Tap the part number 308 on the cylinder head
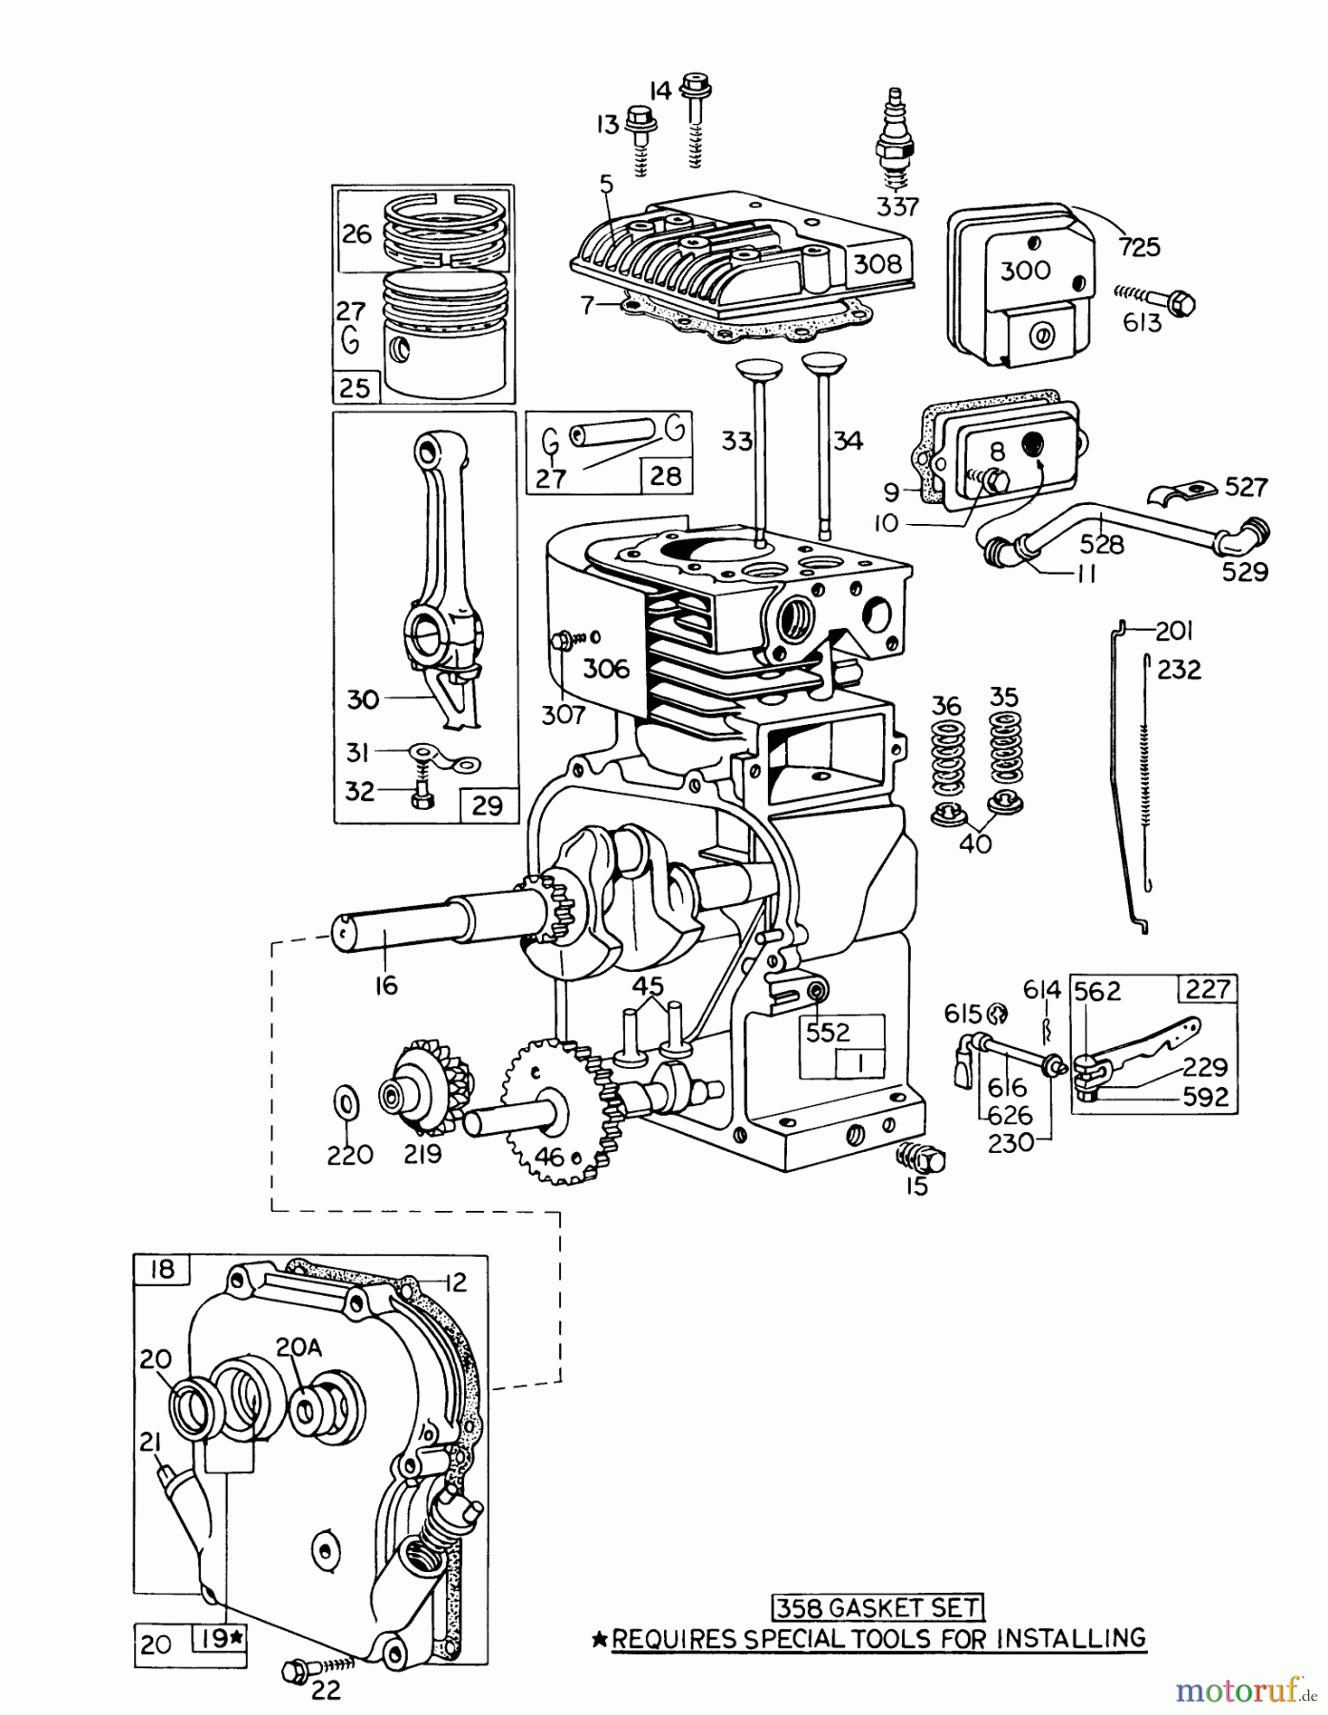[876, 263]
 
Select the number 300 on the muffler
[1025, 270]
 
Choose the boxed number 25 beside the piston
[354, 388]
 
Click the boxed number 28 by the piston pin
[665, 475]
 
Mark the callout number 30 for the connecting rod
[363, 700]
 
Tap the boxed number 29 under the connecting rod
[487, 805]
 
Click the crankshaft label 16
[386, 985]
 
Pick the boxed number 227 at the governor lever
[1208, 989]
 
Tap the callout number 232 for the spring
[1179, 670]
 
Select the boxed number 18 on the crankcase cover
[163, 1270]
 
